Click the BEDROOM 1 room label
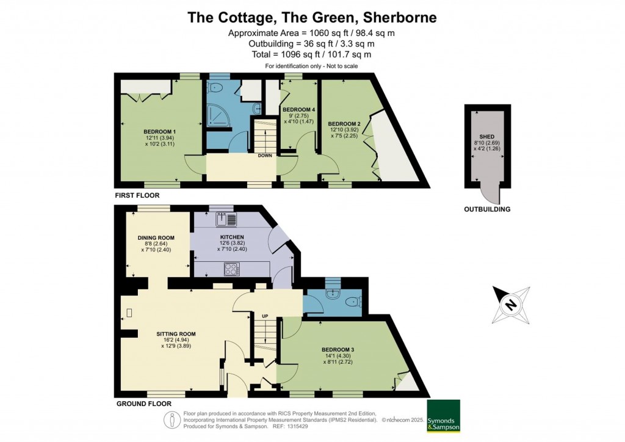(159, 131)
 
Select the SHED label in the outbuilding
(486, 137)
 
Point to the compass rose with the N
(511, 303)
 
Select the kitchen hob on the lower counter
(232, 267)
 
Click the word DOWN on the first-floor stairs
(265, 156)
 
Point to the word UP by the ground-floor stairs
(265, 316)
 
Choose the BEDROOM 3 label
(338, 349)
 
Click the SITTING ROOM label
(176, 334)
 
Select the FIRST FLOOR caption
(137, 196)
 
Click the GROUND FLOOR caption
(143, 404)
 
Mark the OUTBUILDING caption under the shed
(487, 209)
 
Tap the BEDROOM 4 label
(298, 109)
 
